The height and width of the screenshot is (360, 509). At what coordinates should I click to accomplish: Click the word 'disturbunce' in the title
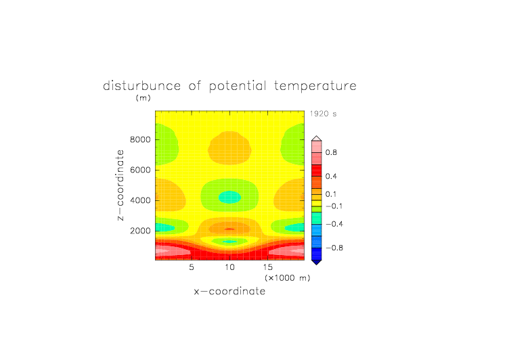click(x=141, y=86)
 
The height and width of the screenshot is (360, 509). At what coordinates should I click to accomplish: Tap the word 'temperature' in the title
click(x=315, y=87)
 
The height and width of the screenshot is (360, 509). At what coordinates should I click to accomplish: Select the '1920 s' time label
click(x=323, y=114)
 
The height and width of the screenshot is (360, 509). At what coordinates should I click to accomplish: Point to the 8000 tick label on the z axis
click(x=140, y=139)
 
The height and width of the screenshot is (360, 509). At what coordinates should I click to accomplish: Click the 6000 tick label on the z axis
click(x=140, y=170)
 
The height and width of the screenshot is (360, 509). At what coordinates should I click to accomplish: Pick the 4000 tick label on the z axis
click(x=140, y=200)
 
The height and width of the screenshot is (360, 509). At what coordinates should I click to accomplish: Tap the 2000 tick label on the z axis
click(x=140, y=231)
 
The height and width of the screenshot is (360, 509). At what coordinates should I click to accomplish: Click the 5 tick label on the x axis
click(x=192, y=267)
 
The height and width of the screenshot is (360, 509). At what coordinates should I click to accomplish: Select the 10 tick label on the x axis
click(x=229, y=267)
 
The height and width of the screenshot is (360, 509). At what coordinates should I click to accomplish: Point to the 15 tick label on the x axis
click(x=268, y=267)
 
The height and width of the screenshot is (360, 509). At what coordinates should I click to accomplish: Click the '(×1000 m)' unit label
click(x=287, y=278)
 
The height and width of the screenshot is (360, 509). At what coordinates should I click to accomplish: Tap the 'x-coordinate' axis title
click(x=229, y=291)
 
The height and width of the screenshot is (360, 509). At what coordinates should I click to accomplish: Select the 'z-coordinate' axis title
click(x=120, y=185)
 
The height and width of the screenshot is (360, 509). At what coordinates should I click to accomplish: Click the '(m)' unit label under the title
click(x=143, y=97)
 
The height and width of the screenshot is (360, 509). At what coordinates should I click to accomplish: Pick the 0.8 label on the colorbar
click(x=331, y=152)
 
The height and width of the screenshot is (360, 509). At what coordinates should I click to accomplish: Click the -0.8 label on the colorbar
click(x=334, y=248)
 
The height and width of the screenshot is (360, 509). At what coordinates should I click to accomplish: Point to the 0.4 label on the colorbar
click(x=331, y=176)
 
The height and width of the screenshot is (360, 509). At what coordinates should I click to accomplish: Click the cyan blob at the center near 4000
click(x=229, y=197)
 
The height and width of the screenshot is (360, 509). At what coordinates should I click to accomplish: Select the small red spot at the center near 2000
click(x=229, y=229)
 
